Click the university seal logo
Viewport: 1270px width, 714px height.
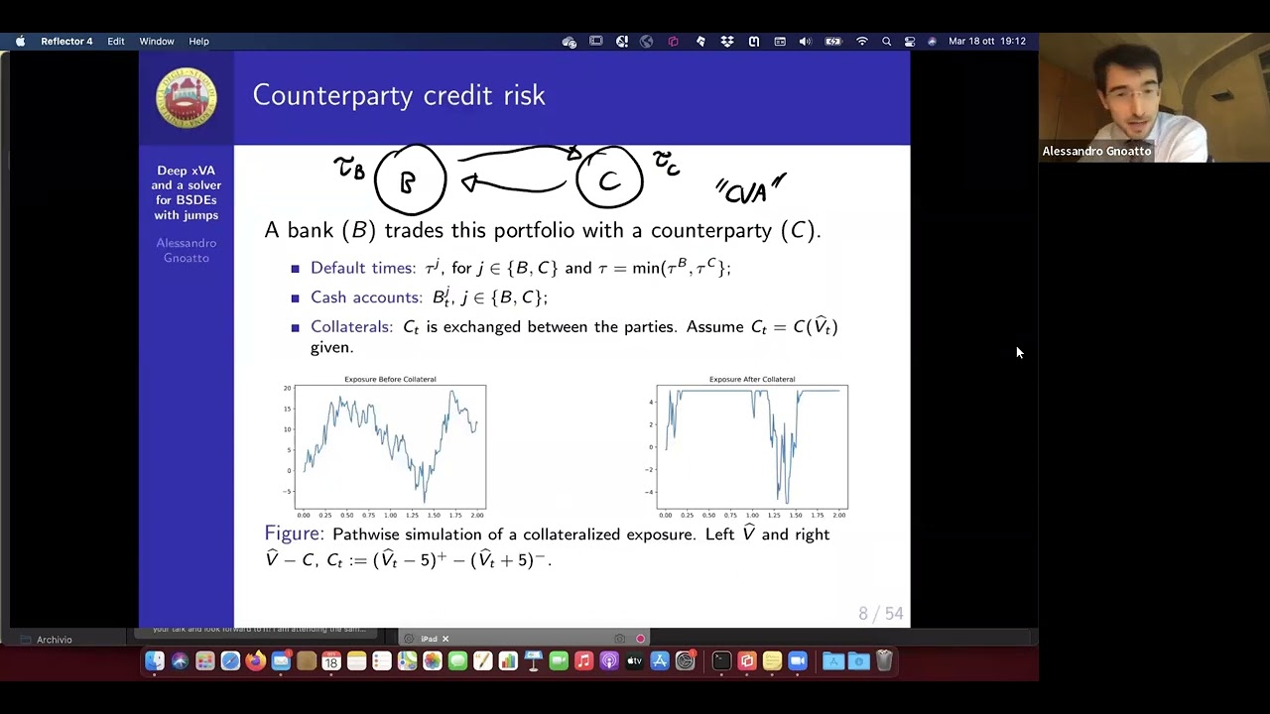click(x=186, y=97)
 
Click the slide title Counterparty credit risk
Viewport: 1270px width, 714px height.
click(x=399, y=95)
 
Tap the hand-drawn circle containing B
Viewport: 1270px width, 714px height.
click(x=410, y=180)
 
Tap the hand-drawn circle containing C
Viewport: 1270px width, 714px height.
click(x=609, y=179)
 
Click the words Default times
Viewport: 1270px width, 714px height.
click(x=362, y=268)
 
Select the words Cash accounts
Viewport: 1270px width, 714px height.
click(x=365, y=297)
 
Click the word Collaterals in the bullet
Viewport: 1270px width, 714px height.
click(x=350, y=326)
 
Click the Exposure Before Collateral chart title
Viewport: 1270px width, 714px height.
click(x=390, y=379)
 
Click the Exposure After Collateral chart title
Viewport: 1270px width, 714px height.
click(x=751, y=379)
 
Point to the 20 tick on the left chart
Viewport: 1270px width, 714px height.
click(x=287, y=389)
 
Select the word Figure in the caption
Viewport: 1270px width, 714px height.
click(x=294, y=534)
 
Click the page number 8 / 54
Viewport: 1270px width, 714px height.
click(x=880, y=614)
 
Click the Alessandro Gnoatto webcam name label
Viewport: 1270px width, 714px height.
click(x=1096, y=152)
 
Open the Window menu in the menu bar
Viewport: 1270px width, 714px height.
click(x=157, y=42)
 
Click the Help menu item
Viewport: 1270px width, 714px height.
click(x=198, y=42)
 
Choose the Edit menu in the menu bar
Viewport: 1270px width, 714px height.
click(x=116, y=42)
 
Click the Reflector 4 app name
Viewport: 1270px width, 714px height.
click(x=66, y=42)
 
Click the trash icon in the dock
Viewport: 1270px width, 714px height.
click(x=884, y=661)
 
